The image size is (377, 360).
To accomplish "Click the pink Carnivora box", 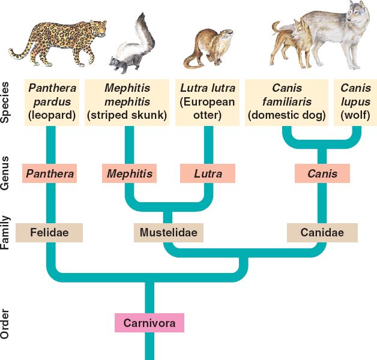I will pos(149,322).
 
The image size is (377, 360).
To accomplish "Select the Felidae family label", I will pos(49,232).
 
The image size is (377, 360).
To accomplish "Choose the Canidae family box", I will pos(322,232).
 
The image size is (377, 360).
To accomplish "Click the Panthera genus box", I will pos(50,174).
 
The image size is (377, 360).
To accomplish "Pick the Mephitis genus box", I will pos(130,174).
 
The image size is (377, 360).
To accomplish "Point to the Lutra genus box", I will pos(207,174).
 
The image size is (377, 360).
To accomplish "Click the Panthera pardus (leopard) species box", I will pos(50,101).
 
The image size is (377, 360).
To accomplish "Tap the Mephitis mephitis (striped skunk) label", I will pos(127,101).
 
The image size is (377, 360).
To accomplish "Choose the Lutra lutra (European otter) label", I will pos(208,101).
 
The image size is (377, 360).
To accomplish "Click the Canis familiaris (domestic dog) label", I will pos(287,101).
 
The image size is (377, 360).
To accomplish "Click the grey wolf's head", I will pos(355,18).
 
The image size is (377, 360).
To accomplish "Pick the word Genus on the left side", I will pos(6,173).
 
